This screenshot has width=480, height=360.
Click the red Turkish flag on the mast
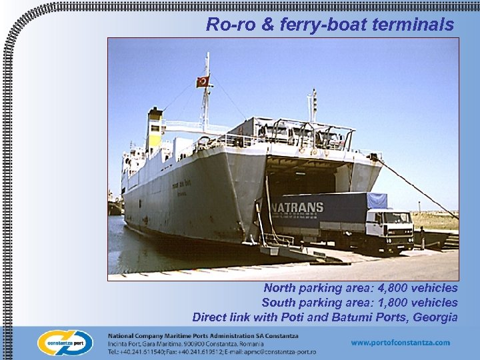tap(203, 81)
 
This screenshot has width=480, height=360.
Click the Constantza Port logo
tap(65, 343)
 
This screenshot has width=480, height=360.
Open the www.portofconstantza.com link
tap(401, 343)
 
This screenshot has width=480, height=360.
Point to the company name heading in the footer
tap(203, 335)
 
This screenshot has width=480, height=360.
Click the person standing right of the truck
tap(422, 237)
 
